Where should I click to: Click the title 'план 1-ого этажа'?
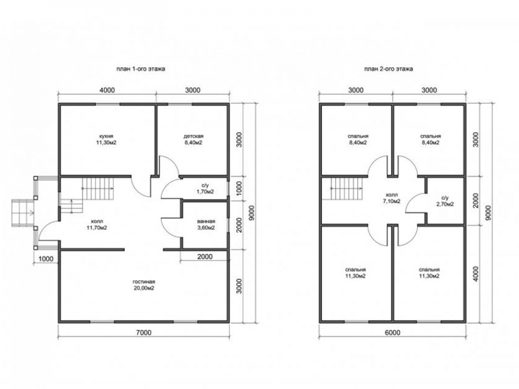tap(141, 69)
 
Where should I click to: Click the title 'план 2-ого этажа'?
tap(388, 69)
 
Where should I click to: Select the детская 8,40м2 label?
tap(193, 139)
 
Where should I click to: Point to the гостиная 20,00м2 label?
tap(144, 285)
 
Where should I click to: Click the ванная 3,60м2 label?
tap(206, 224)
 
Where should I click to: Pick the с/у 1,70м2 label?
tap(205, 188)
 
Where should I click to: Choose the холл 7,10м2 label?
tap(391, 198)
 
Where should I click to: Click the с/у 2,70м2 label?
tap(445, 201)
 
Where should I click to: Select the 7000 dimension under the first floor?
tap(144, 332)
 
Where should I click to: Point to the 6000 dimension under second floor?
tap(392, 332)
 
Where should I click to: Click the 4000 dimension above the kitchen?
tap(107, 90)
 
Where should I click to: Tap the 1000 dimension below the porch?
tap(46, 259)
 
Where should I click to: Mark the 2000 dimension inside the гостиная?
tap(205, 257)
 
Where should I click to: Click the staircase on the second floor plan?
tap(345, 188)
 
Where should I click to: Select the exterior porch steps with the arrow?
tap(23, 213)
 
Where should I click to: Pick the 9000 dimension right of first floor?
tap(252, 213)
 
